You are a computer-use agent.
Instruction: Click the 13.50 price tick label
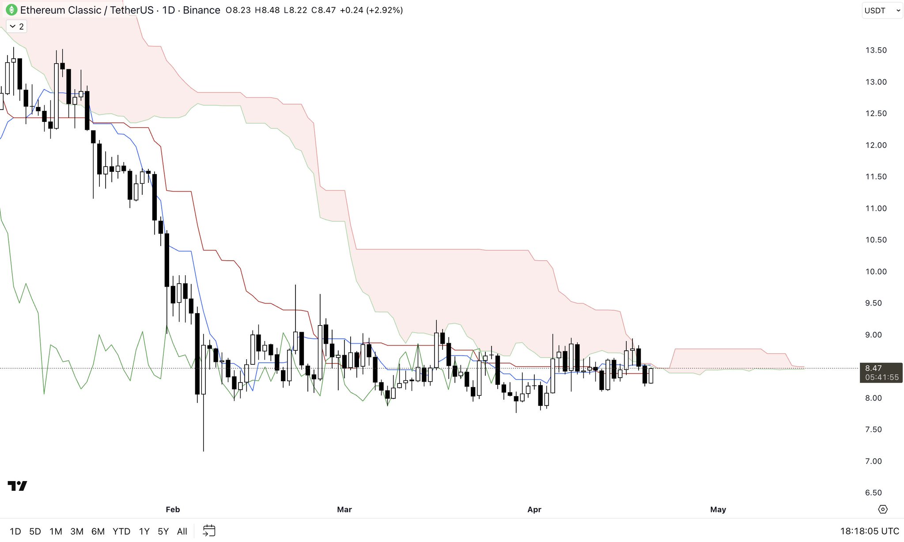[x=876, y=50]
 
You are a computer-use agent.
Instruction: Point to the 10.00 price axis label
[x=876, y=272]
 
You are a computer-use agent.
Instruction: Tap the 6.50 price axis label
[x=873, y=493]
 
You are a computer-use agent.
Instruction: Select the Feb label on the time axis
[x=173, y=509]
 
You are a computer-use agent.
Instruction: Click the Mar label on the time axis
[x=344, y=509]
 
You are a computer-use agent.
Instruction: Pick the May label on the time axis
[x=718, y=509]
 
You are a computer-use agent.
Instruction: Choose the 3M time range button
[x=77, y=531]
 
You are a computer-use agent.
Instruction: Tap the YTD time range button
[x=121, y=531]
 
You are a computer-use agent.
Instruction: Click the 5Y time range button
[x=163, y=531]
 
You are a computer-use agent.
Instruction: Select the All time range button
[x=182, y=531]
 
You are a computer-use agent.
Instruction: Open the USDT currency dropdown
[x=881, y=10]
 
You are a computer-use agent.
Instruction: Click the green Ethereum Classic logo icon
[x=11, y=10]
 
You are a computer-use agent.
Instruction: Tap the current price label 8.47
[x=873, y=368]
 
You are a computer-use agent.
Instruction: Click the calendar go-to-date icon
[x=209, y=531]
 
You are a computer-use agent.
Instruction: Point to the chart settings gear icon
[x=882, y=509]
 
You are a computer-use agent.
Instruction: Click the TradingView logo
[x=17, y=486]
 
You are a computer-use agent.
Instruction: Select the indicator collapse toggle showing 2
[x=16, y=27]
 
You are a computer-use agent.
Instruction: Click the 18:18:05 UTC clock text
[x=869, y=531]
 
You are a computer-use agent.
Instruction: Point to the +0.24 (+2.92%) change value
[x=371, y=10]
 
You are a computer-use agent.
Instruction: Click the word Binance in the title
[x=201, y=10]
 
